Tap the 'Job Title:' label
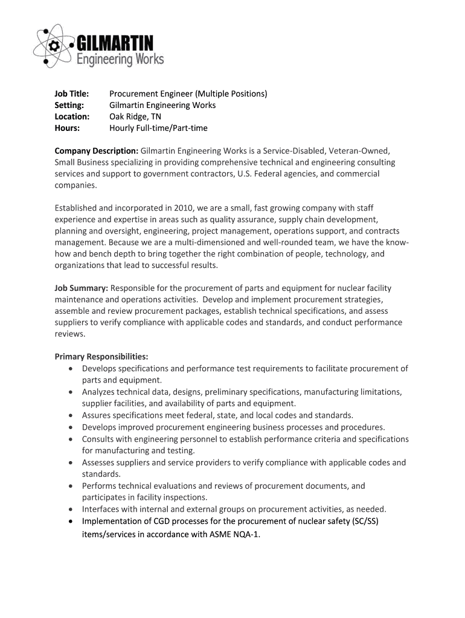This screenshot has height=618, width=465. pos(72,94)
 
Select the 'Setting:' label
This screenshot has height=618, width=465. pos(69,106)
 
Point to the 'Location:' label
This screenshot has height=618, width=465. pos(72,117)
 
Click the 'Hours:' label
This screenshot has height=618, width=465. pos(67,129)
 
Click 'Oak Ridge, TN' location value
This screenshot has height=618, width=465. pos(135,117)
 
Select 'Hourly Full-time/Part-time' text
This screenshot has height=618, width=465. pos(158,129)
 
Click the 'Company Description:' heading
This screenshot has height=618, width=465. pos(97,151)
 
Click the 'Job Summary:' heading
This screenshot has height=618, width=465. pos(81,288)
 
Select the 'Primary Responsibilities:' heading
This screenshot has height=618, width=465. pos(101,357)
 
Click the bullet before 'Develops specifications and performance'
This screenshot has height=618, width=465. pos(72,369)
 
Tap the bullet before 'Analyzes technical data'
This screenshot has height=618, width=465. pos(72,392)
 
